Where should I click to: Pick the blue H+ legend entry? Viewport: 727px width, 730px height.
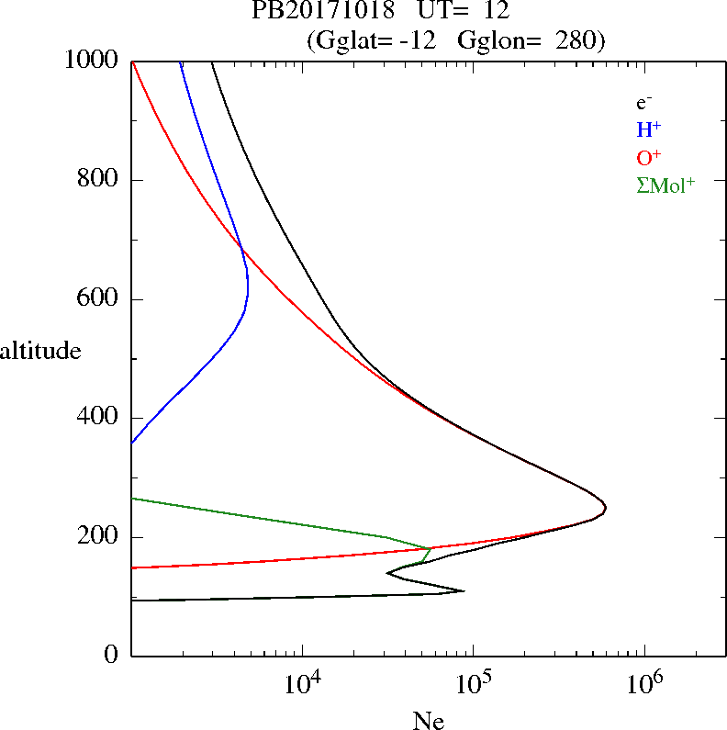(648, 129)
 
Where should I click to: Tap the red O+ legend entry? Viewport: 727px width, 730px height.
(649, 157)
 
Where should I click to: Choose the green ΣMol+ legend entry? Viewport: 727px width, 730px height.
(665, 185)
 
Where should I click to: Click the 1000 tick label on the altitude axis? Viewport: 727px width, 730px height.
(93, 61)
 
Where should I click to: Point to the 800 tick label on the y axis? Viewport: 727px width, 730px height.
(99, 180)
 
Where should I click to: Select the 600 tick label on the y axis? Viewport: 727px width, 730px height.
(99, 299)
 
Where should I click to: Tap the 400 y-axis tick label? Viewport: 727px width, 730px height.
(99, 418)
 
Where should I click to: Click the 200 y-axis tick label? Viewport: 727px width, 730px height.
(99, 537)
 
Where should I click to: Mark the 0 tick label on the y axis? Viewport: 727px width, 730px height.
(112, 656)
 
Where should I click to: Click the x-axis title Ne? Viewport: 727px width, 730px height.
(428, 722)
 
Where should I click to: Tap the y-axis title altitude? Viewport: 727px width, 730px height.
(40, 351)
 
